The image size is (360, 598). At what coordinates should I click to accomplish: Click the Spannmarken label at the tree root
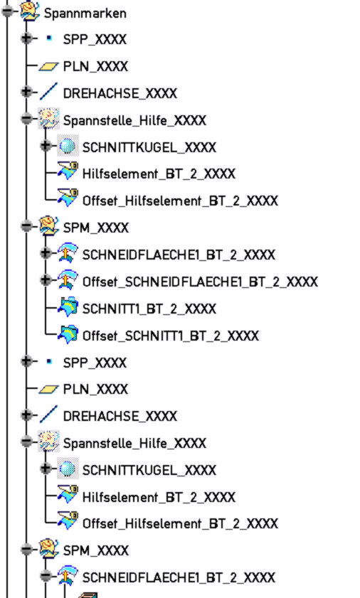85,14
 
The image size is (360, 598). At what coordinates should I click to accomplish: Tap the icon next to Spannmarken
30,11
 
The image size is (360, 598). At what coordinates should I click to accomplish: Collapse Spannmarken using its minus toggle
7,11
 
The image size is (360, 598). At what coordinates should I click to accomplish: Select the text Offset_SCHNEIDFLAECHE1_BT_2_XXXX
200,282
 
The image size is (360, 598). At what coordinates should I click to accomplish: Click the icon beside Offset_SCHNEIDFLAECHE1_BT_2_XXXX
68,279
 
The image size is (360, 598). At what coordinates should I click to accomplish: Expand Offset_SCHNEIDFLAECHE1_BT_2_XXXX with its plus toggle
46,280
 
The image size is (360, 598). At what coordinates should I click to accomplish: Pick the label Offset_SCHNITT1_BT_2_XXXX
171,336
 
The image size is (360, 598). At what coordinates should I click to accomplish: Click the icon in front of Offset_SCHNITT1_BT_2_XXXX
68,334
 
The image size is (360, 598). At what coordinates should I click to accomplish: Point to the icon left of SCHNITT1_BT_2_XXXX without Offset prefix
68,307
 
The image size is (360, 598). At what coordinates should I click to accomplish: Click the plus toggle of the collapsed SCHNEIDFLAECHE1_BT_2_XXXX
46,252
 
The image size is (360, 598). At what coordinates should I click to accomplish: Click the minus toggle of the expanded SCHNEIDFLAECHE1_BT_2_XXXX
46,575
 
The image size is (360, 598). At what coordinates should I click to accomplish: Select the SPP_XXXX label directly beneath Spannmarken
95,40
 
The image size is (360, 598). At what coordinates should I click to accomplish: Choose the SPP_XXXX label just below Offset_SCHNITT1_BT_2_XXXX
95,363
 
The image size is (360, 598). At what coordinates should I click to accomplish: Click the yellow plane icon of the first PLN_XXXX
48,67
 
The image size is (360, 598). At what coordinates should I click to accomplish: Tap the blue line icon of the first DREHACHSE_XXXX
48,92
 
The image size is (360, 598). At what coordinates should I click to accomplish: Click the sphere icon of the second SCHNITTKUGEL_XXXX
68,469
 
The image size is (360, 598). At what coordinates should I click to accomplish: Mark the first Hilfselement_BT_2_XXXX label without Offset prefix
159,174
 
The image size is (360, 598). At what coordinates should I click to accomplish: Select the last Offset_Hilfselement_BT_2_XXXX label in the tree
180,523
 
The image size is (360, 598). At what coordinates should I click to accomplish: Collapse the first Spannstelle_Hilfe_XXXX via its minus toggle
26,119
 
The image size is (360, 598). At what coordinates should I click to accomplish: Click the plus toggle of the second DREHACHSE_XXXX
26,414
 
